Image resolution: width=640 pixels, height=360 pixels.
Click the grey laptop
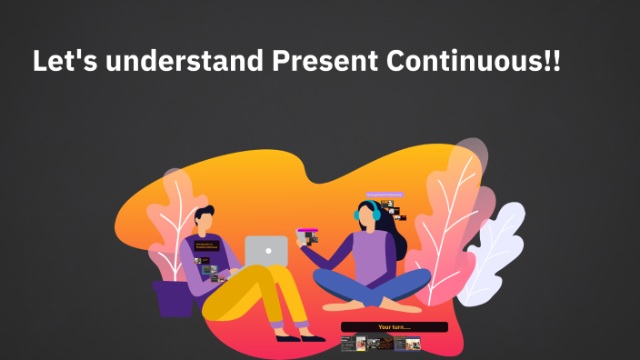click(x=266, y=251)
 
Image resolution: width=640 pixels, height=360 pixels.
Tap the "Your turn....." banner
click(x=395, y=326)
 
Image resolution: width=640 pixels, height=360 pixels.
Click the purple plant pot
click(x=174, y=298)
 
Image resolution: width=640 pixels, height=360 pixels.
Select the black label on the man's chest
click(x=205, y=245)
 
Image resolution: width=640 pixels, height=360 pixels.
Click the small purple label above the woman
click(x=384, y=195)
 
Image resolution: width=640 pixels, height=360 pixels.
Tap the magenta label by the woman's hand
click(x=308, y=230)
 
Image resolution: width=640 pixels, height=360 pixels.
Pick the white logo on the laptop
click(x=267, y=250)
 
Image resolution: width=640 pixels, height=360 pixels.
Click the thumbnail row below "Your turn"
click(x=380, y=344)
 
